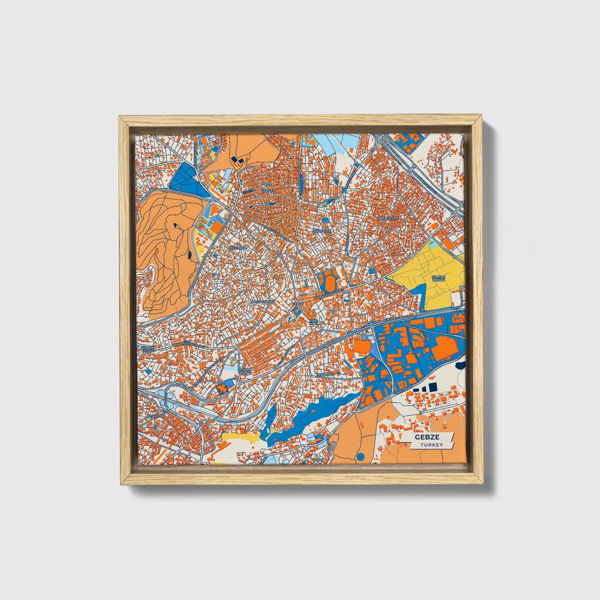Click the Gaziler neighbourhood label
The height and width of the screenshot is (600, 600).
pyautogui.click(x=268, y=191)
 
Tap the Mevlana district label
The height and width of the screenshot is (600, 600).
pyautogui.click(x=238, y=248)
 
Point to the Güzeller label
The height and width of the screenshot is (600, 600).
pyautogui.click(x=322, y=230)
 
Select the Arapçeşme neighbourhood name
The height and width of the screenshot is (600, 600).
pyautogui.click(x=388, y=218)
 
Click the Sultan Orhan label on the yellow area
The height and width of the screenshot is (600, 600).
pyautogui.click(x=438, y=279)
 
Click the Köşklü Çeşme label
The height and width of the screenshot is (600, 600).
pyautogui.click(x=148, y=349)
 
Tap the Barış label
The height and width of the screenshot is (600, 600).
pyautogui.click(x=318, y=460)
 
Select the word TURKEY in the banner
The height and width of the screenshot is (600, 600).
pyautogui.click(x=431, y=445)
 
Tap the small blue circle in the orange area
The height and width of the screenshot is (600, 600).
pyautogui.click(x=360, y=457)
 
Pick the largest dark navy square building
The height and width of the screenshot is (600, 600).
pyautogui.click(x=433, y=387)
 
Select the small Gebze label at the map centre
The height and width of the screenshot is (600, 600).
pyautogui.click(x=298, y=304)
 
